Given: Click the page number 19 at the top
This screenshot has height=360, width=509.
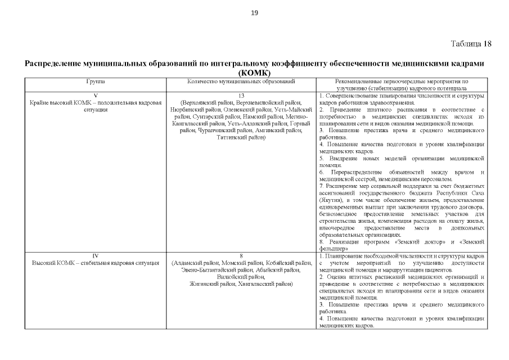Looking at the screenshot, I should click(254, 14).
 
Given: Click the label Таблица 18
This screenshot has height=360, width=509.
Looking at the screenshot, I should click(471, 44).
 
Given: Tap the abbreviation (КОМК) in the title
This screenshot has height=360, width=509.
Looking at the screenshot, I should click(254, 73).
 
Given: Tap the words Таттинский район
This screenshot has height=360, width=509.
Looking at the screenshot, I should click(241, 137).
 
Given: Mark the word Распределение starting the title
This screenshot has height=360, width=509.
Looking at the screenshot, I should click(53, 64).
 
